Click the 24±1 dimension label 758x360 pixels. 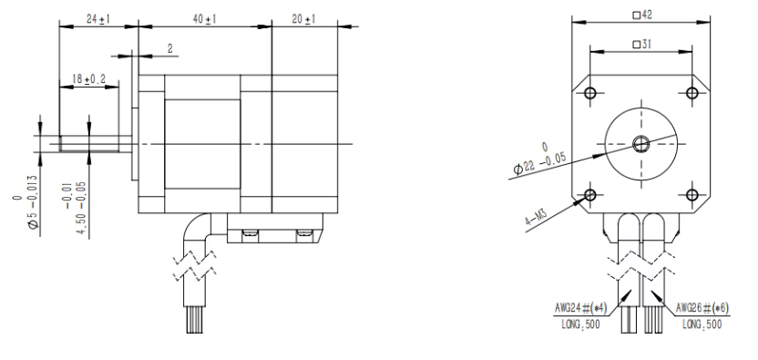(98, 19)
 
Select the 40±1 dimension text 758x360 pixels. (204, 19)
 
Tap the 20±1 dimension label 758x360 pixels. (303, 19)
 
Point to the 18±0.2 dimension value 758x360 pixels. (88, 79)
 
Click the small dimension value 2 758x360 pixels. (170, 48)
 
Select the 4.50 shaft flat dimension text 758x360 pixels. (82, 209)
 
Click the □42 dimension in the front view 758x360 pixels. (642, 15)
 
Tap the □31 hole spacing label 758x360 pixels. (642, 44)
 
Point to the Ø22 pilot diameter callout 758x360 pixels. (539, 162)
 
